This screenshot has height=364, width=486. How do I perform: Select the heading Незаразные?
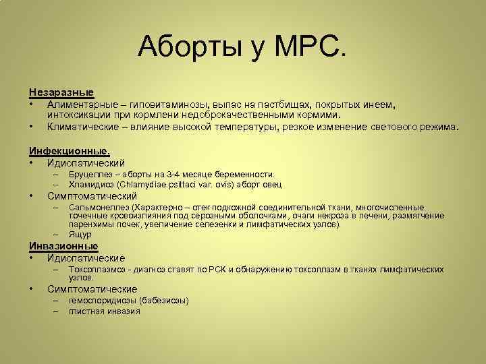(x=61, y=92)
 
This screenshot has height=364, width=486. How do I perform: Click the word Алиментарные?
(x=81, y=104)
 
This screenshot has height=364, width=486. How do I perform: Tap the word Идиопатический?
(x=86, y=162)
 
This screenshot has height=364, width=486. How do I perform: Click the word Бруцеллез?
(x=90, y=175)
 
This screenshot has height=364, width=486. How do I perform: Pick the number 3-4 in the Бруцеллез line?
(x=171, y=175)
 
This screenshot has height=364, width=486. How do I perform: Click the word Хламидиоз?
(x=91, y=185)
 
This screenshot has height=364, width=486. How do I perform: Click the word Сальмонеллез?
(x=99, y=208)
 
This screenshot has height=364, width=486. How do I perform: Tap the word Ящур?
(x=80, y=235)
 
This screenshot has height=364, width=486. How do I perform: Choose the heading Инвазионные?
(x=63, y=246)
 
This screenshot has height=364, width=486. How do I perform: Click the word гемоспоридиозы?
(x=103, y=301)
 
